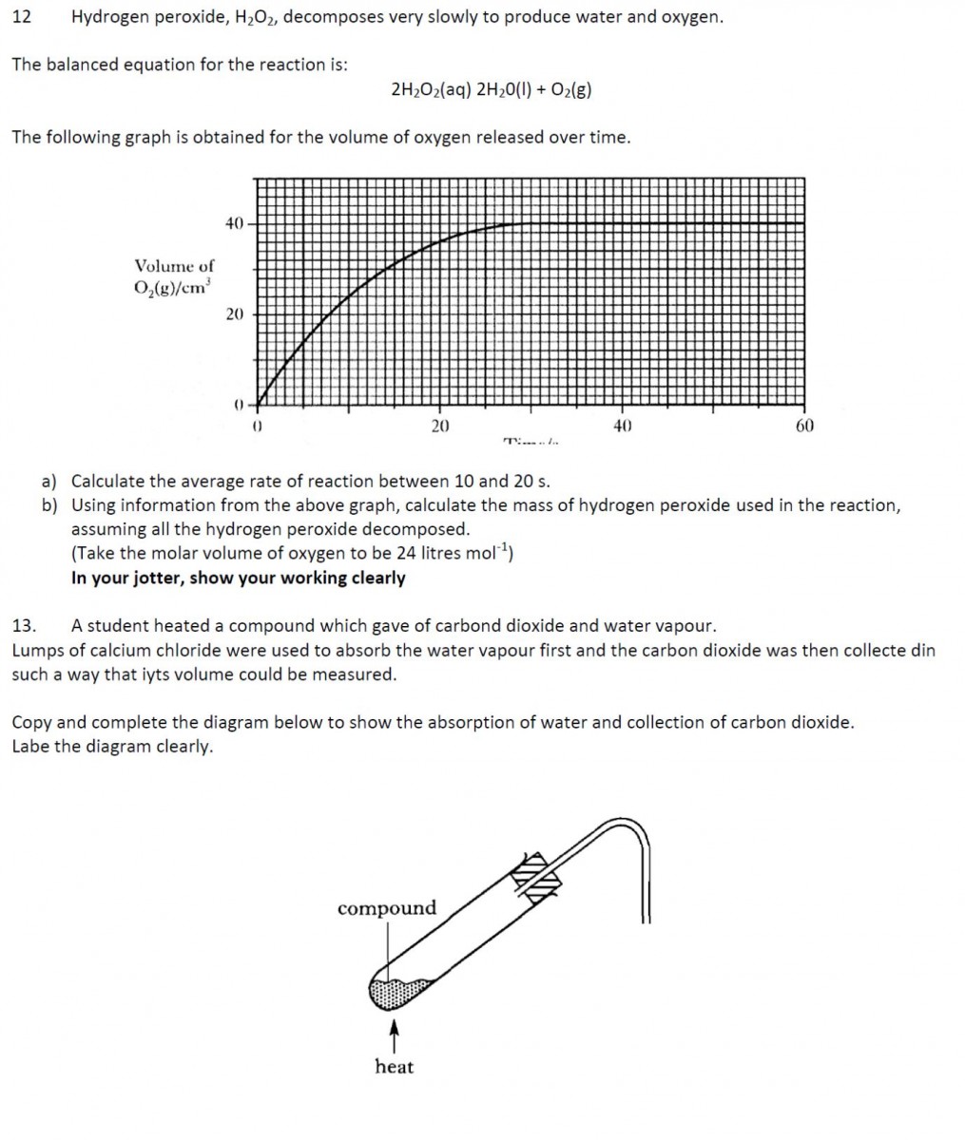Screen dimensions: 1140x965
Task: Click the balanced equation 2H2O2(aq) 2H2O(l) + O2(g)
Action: pos(492,89)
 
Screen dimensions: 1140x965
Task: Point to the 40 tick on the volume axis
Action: pos(235,223)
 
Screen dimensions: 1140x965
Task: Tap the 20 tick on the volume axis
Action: pos(235,313)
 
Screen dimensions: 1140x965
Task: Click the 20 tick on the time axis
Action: pos(439,427)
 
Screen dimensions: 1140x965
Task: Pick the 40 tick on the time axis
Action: pos(622,427)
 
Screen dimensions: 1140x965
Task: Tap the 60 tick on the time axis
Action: pos(804,427)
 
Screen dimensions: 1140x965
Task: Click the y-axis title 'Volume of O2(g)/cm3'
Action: pos(174,276)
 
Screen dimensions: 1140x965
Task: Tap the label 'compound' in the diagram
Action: pos(386,908)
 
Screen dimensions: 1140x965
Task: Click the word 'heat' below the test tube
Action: pos(394,1067)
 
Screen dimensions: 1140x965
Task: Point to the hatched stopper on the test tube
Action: pos(538,873)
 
